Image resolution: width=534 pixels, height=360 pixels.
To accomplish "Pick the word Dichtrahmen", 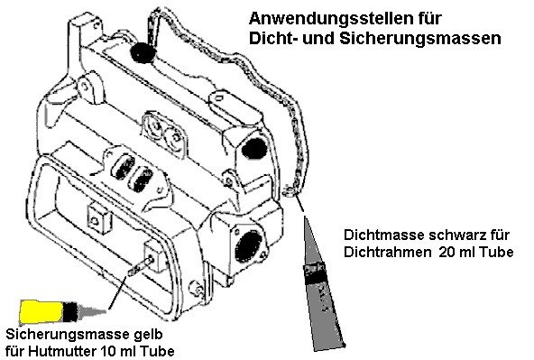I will (x=382, y=254).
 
